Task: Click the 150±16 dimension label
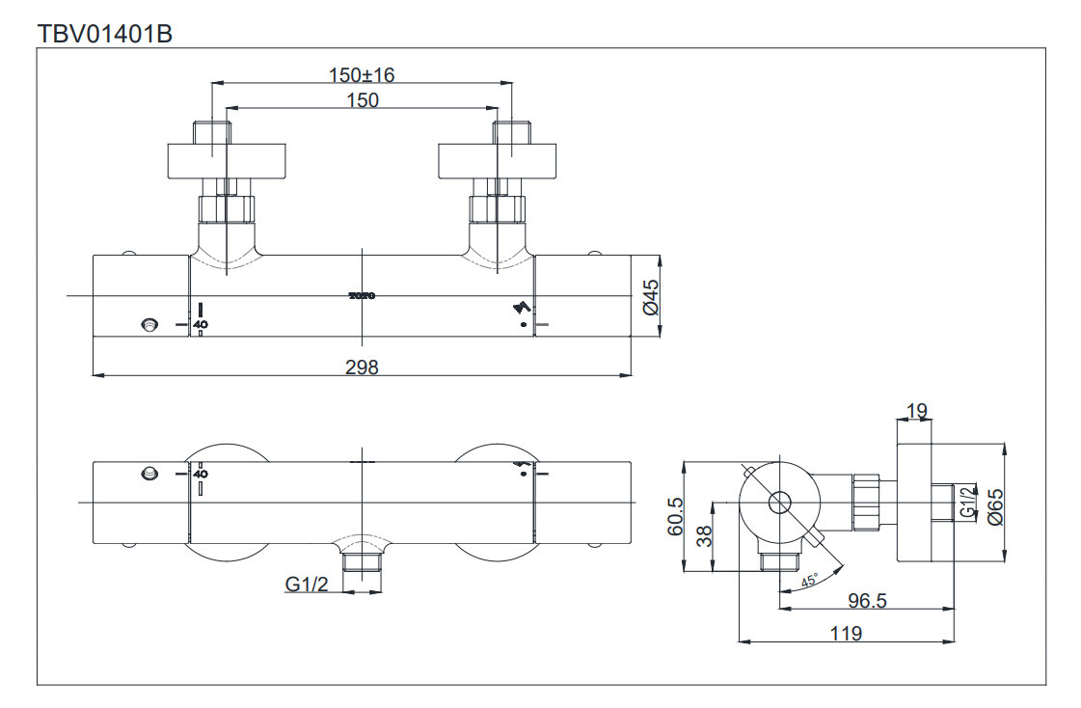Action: (362, 75)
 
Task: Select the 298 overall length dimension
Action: (362, 367)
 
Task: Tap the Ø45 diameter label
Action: (649, 296)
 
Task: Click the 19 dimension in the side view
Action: (917, 412)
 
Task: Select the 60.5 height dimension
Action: (675, 516)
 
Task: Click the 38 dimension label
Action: (705, 536)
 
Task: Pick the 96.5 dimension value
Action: (867, 601)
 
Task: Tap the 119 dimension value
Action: (845, 633)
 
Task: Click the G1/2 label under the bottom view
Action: (307, 584)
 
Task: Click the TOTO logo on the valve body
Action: (362, 296)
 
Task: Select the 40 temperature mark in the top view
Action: (201, 325)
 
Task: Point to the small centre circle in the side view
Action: (778, 502)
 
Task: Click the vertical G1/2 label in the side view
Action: (966, 504)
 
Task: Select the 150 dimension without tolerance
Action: (362, 100)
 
